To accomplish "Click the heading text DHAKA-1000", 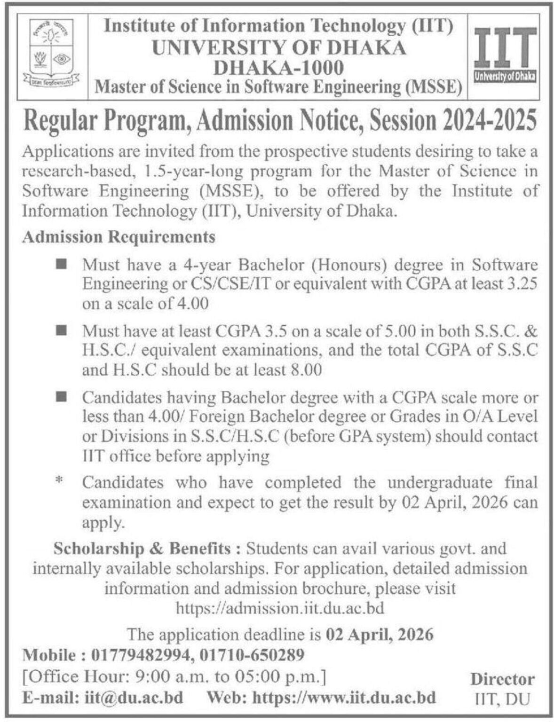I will point(278,68).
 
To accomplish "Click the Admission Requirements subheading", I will point(119,236).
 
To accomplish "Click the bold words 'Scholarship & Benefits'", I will point(142,549).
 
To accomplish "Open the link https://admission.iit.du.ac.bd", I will point(280,608).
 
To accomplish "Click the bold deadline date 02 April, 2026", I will point(379,635).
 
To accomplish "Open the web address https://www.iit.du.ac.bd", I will point(344,697).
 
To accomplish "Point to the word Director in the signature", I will point(502,679).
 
